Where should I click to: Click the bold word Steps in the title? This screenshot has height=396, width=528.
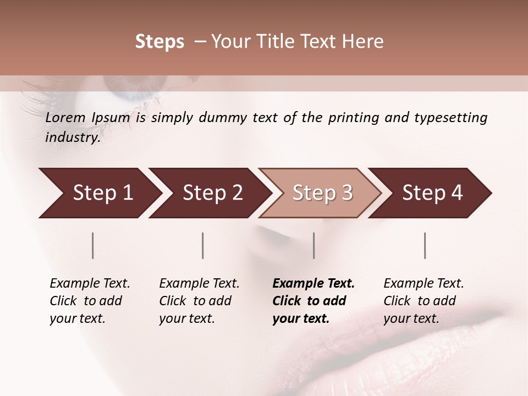[159, 42]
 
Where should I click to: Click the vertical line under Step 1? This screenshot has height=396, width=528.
[93, 245]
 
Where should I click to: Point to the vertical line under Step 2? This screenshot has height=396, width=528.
[203, 245]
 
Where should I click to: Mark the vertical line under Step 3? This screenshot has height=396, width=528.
[313, 245]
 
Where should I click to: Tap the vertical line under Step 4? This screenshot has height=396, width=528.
[425, 245]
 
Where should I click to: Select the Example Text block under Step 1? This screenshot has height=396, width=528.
[90, 301]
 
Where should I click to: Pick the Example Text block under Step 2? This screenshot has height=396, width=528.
[199, 301]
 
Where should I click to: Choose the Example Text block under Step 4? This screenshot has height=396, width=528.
[424, 301]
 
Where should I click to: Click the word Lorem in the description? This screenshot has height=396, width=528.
[65, 118]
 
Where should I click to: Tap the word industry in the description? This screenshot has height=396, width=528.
[73, 137]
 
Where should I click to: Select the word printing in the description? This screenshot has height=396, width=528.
[354, 118]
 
